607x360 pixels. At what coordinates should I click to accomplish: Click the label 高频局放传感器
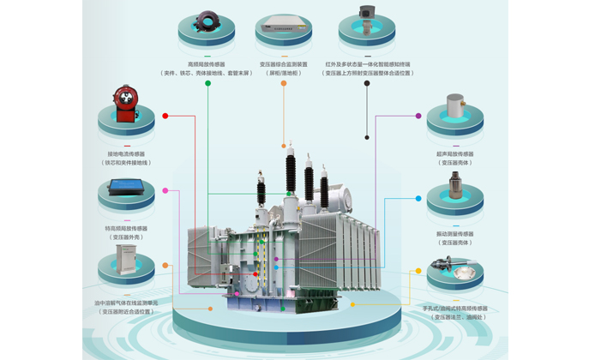click(206, 64)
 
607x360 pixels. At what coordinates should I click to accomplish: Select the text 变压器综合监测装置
click(284, 64)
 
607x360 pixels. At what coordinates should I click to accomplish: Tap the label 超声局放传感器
click(454, 154)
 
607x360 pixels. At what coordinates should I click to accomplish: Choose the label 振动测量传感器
click(454, 233)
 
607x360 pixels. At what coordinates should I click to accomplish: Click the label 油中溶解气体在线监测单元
click(126, 303)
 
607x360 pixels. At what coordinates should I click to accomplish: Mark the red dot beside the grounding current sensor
click(165, 116)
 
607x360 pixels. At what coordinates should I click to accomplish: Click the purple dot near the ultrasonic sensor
click(418, 116)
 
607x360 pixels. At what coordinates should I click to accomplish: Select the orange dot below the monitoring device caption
click(284, 83)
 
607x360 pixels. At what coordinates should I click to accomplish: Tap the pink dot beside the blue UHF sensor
click(165, 190)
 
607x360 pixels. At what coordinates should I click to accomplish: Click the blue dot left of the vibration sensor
click(418, 199)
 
